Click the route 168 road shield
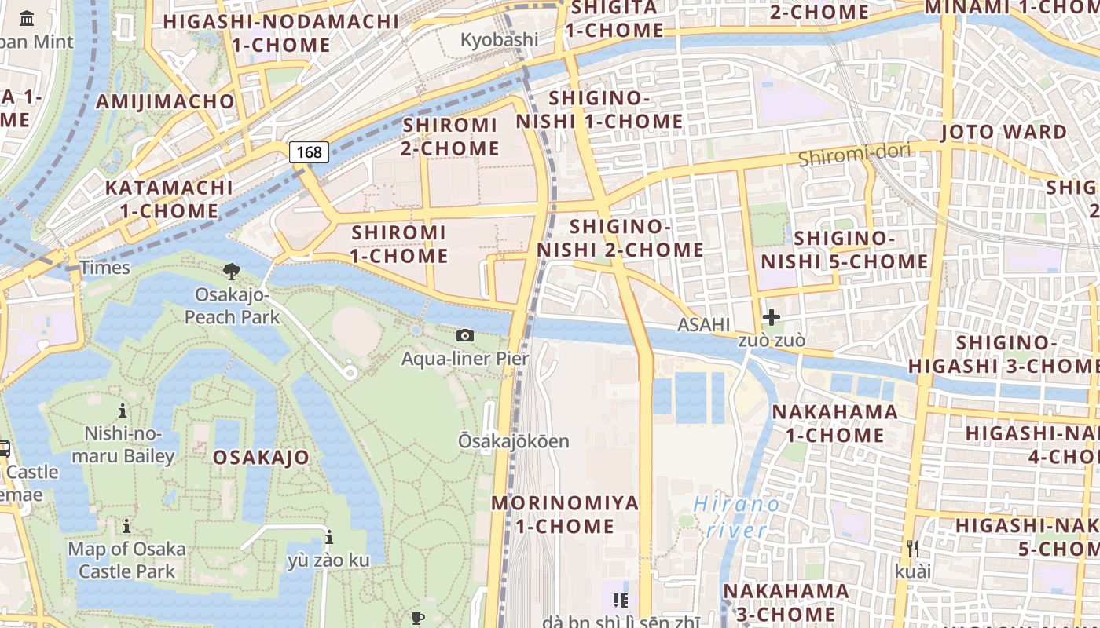pyautogui.click(x=309, y=152)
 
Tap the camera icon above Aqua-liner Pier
pyautogui.click(x=465, y=336)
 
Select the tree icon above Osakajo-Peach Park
pyautogui.click(x=232, y=272)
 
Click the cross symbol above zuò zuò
pyautogui.click(x=772, y=317)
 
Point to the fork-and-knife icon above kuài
pyautogui.click(x=912, y=548)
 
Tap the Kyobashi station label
pyautogui.click(x=500, y=39)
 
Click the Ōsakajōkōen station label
pyautogui.click(x=514, y=441)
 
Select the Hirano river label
pyautogui.click(x=737, y=517)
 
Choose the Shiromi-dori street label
pyautogui.click(x=855, y=155)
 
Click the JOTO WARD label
pyautogui.click(x=1003, y=131)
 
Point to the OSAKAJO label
pyautogui.click(x=261, y=457)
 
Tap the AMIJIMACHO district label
pyautogui.click(x=165, y=101)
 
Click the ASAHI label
pyautogui.click(x=704, y=325)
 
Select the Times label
pyautogui.click(x=104, y=268)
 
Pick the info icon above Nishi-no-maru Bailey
pyautogui.click(x=123, y=411)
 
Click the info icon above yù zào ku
pyautogui.click(x=329, y=538)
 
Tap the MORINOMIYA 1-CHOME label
pyautogui.click(x=565, y=514)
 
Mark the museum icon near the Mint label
pyautogui.click(x=27, y=18)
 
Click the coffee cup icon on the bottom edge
pyautogui.click(x=418, y=619)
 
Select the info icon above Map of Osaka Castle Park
pyautogui.click(x=126, y=526)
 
